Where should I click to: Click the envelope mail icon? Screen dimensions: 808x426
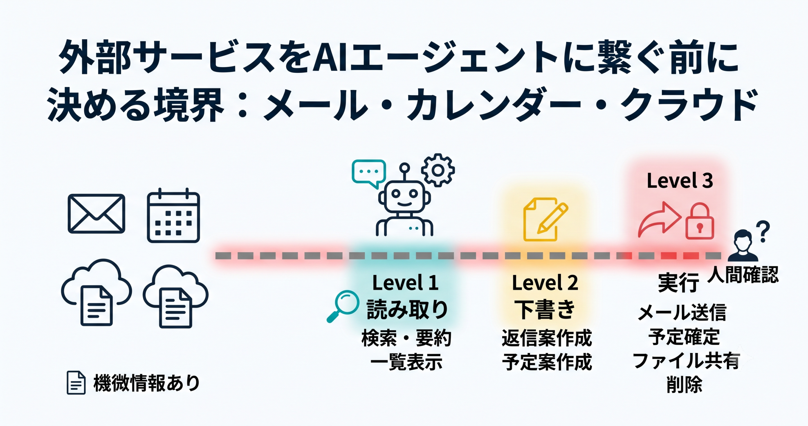96,214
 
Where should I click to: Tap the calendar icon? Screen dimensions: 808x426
173,216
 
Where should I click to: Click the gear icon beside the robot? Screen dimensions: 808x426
438,170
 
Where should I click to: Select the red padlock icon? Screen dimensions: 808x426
699,221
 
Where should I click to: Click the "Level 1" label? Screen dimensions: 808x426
405,283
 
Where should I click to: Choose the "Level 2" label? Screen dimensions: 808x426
545,283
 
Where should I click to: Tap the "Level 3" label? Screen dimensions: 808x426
680,181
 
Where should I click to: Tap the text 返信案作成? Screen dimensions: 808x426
547,338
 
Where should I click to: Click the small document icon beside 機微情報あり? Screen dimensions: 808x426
76,383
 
